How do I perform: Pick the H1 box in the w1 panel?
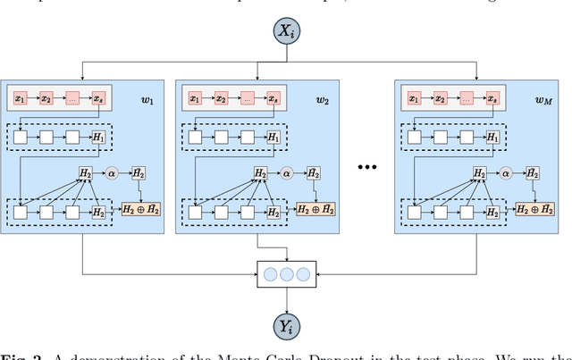tap(98, 137)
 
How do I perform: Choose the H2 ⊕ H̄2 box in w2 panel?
tap(316, 209)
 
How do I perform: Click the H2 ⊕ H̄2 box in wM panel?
tap(537, 209)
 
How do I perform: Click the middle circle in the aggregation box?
tap(285, 273)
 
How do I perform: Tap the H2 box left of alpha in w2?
tap(259, 173)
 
